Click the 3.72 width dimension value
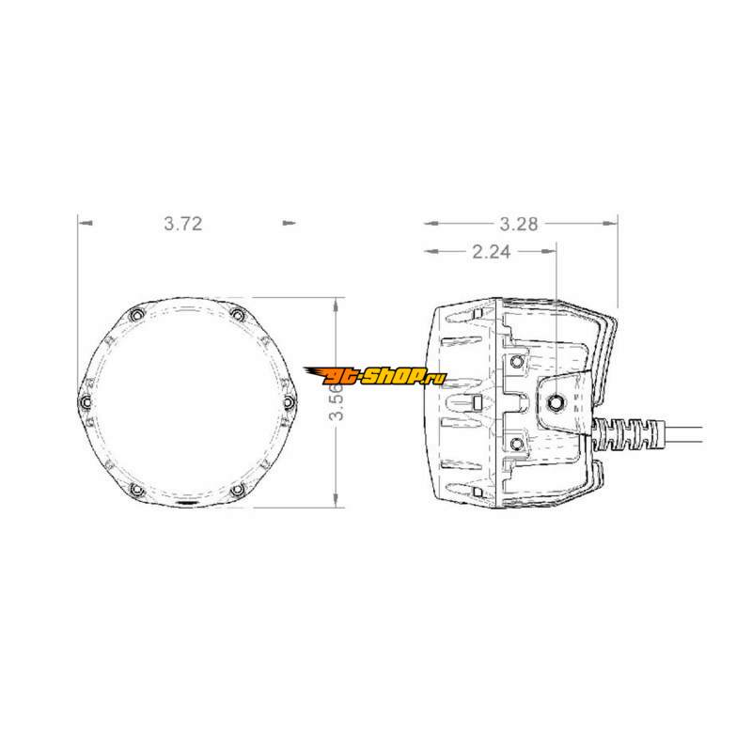[x=183, y=224]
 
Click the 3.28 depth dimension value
[x=519, y=224]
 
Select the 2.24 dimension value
[x=491, y=251]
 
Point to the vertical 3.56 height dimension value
[x=337, y=401]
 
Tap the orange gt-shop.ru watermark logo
[x=375, y=377]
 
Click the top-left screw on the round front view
[x=136, y=315]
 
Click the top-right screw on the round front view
[x=237, y=315]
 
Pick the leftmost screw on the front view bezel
[x=85, y=401]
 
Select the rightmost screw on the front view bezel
[x=289, y=401]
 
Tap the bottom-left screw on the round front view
[x=136, y=490]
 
